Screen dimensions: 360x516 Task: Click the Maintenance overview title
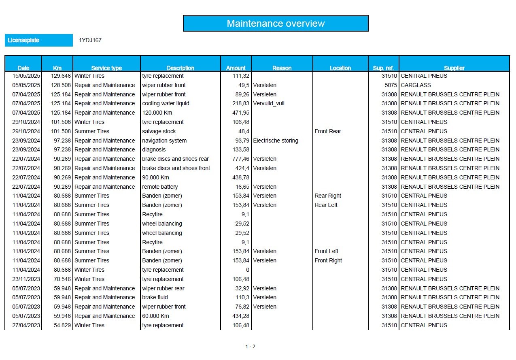coord(276,23)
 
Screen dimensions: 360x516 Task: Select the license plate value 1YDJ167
coord(90,40)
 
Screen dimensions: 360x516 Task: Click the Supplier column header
coord(454,68)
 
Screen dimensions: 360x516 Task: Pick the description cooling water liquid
coord(166,103)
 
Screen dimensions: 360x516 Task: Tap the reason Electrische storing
coord(276,141)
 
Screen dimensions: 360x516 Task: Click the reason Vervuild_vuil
coord(269,103)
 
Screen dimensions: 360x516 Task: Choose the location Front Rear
coord(328,131)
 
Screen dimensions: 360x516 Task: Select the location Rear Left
coord(326,205)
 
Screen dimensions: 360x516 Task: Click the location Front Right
coord(328,260)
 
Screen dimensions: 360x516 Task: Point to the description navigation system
coord(164,141)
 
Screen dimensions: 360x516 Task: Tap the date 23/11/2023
coord(26,279)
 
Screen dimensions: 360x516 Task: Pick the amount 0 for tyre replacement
coord(247,270)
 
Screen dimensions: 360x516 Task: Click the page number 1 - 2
coord(251,347)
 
